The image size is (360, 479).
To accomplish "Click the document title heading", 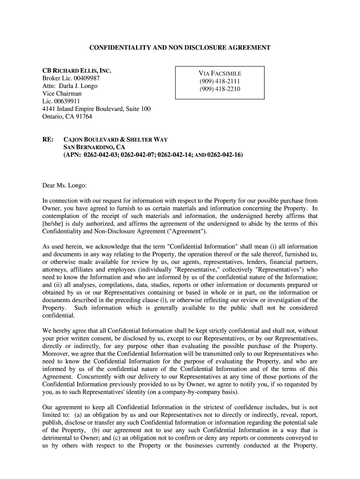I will click(180, 48).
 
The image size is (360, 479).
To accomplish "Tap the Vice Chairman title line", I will click(62, 93).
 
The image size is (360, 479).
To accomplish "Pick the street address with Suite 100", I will click(96, 109).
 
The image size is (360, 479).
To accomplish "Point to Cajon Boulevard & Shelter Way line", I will click(115, 139).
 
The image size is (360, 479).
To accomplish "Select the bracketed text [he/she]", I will click(55, 224).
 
